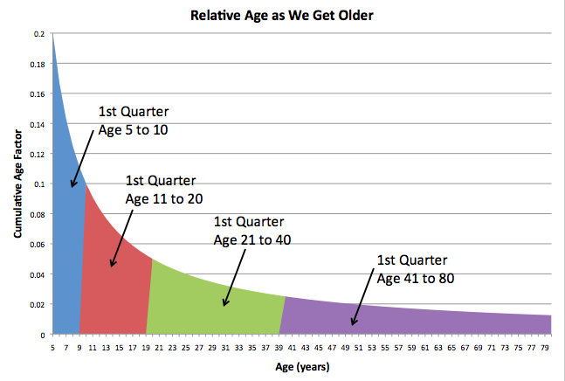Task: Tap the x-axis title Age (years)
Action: click(x=302, y=367)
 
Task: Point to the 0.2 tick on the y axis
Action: click(x=38, y=33)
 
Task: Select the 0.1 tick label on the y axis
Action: click(x=38, y=184)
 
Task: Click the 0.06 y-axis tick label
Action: click(x=36, y=245)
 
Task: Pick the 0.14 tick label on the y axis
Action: click(x=36, y=124)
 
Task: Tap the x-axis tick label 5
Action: click(x=54, y=346)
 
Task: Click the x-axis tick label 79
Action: click(x=545, y=346)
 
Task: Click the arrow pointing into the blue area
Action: click(x=84, y=156)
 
